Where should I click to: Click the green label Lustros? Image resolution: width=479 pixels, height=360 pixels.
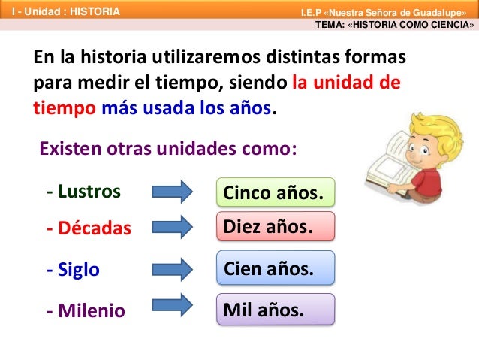tap(83, 191)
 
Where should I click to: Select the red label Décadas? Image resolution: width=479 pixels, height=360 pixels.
tap(88, 228)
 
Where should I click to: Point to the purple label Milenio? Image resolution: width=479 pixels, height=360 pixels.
tap(86, 310)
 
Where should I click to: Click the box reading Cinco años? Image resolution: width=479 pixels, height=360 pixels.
tap(275, 194)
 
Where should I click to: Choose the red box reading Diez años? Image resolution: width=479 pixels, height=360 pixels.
tap(275, 225)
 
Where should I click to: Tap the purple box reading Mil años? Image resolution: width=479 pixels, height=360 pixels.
tap(275, 309)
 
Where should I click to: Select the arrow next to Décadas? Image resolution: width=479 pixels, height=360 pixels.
tap(173, 227)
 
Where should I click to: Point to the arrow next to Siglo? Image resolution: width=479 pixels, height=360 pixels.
tap(173, 268)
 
